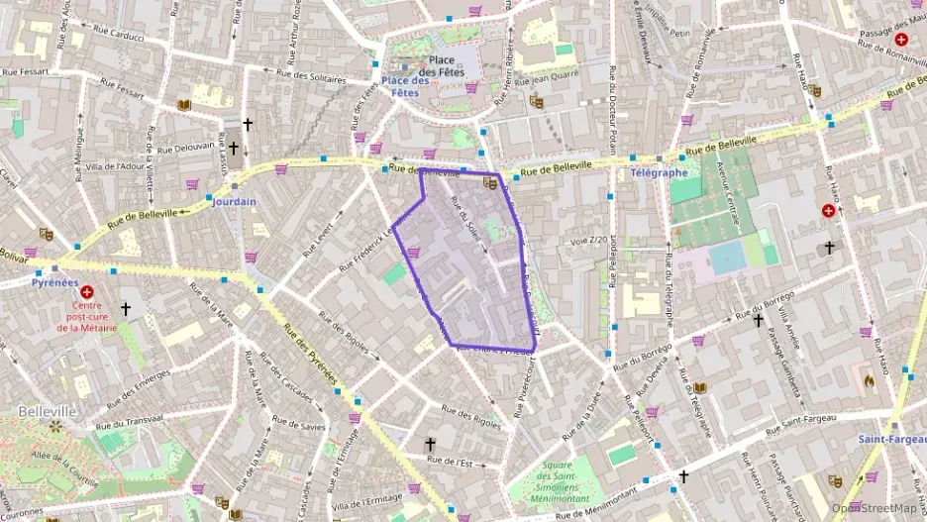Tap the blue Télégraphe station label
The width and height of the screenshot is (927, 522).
pyautogui.click(x=659, y=172)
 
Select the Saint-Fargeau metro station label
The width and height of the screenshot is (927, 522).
pyautogui.click(x=889, y=439)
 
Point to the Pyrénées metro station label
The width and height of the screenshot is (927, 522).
pyautogui.click(x=54, y=282)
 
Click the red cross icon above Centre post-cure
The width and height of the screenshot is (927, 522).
pyautogui.click(x=87, y=293)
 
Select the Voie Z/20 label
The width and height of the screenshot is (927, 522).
pyautogui.click(x=587, y=241)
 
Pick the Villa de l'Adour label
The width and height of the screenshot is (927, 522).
pyautogui.click(x=115, y=166)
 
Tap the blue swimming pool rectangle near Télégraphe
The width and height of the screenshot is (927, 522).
pyautogui.click(x=728, y=258)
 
